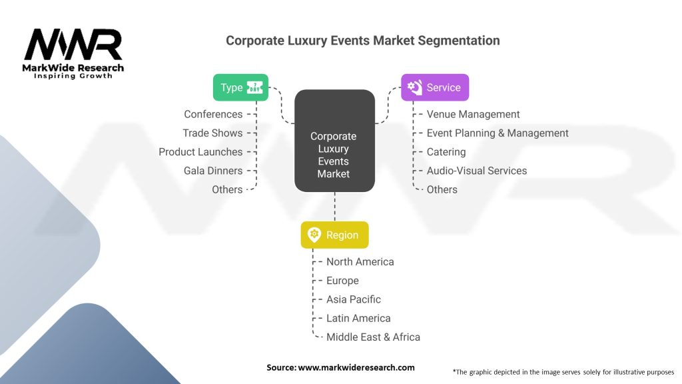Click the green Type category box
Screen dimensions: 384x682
pyautogui.click(x=240, y=87)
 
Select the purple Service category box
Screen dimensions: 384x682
pyautogui.click(x=435, y=87)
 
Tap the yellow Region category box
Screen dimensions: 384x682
pyautogui.click(x=334, y=235)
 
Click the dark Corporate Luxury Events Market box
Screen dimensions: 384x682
pyautogui.click(x=334, y=141)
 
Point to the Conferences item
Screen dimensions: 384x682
pyautogui.click(x=213, y=115)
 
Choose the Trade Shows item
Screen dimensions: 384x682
pyautogui.click(x=212, y=133)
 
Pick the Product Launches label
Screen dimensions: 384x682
pyautogui.click(x=200, y=152)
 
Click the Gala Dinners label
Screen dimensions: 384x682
pyautogui.click(x=213, y=171)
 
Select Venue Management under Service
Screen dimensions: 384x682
pyautogui.click(x=473, y=115)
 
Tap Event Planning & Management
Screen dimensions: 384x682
pyautogui.click(x=498, y=133)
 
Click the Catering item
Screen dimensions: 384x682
pyautogui.click(x=446, y=152)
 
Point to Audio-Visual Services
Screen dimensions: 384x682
pyautogui.click(x=476, y=171)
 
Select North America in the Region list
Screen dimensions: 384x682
pyautogui.click(x=360, y=262)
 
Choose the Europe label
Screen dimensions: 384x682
pyautogui.click(x=342, y=281)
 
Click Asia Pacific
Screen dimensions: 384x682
pyautogui.click(x=353, y=299)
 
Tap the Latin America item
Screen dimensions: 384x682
pyautogui.click(x=358, y=318)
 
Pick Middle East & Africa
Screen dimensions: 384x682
pyautogui.click(x=373, y=337)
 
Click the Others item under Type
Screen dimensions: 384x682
pyautogui.click(x=227, y=189)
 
